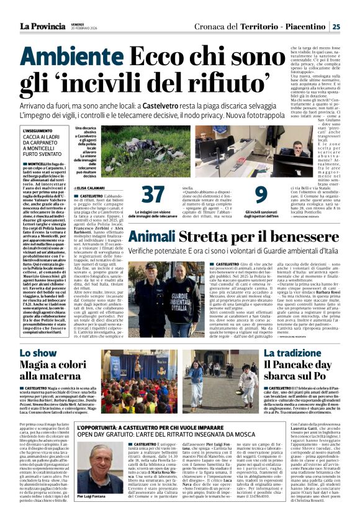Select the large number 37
click(153, 194)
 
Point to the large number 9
click(261, 194)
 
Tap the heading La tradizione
click(285, 352)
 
